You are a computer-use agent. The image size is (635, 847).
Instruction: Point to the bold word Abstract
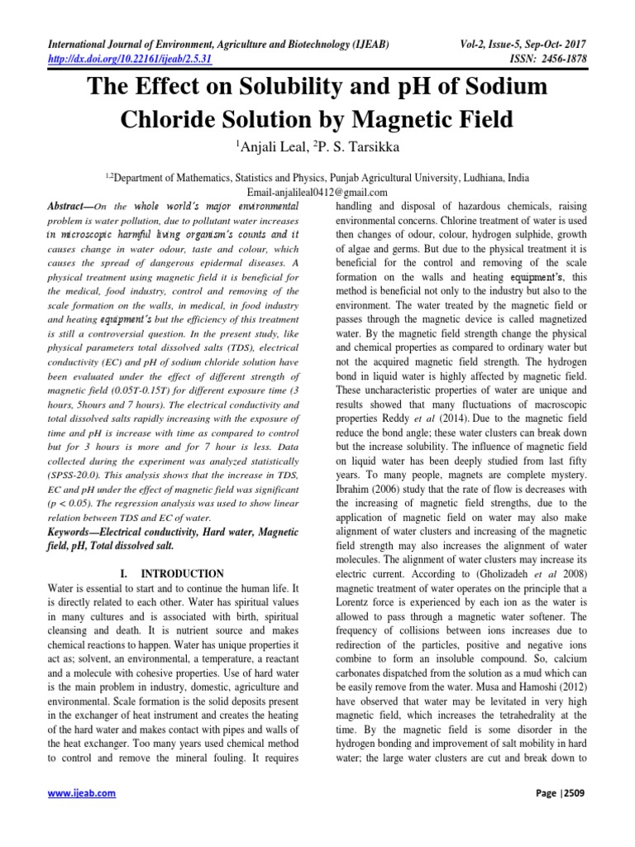click(x=69, y=204)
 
